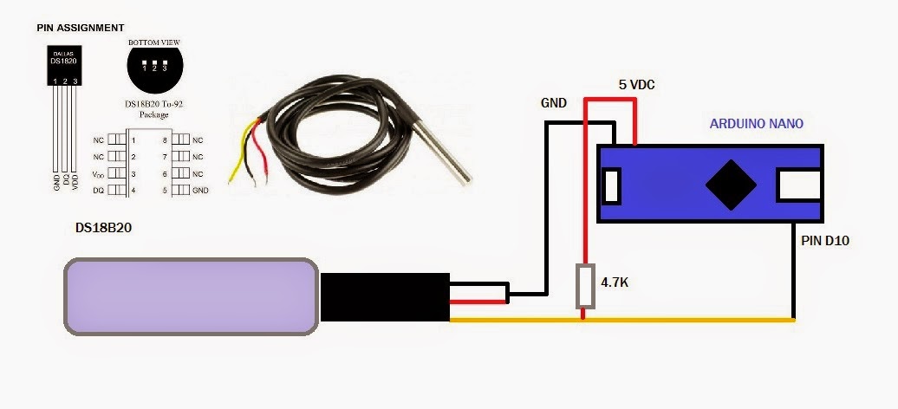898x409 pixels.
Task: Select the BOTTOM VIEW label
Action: pyautogui.click(x=153, y=42)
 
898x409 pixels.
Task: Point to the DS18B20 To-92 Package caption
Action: pyautogui.click(x=154, y=108)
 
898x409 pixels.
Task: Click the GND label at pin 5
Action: pyautogui.click(x=200, y=190)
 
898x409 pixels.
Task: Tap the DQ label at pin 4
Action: pyautogui.click(x=99, y=190)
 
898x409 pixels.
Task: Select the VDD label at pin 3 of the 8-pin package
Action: pyautogui.click(x=98, y=173)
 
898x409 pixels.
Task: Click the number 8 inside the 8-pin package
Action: pyautogui.click(x=164, y=140)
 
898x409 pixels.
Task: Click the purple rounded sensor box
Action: pyautogui.click(x=192, y=296)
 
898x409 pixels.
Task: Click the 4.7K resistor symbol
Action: pyautogui.click(x=586, y=287)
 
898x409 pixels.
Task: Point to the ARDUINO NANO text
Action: pyautogui.click(x=756, y=124)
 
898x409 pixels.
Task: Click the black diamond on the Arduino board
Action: pyautogui.click(x=727, y=185)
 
